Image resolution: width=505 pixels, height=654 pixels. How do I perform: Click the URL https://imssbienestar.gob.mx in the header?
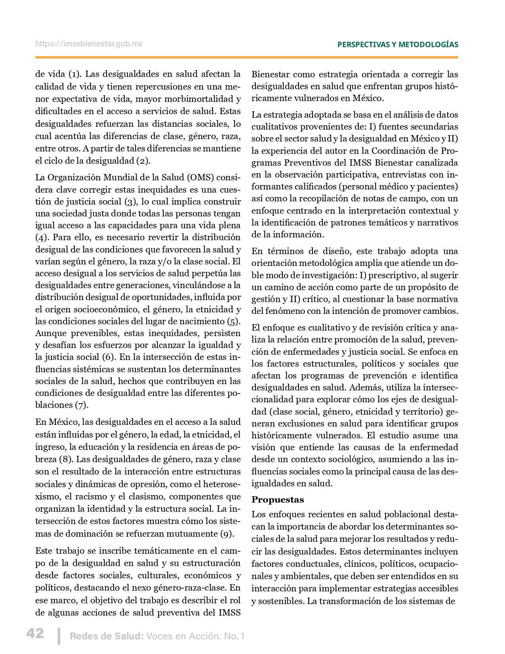89,44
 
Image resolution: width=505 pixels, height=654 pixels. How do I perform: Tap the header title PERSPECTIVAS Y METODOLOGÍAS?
398,44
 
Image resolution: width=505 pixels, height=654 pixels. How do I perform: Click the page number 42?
35,633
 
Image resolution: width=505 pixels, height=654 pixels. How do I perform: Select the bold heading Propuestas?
278,499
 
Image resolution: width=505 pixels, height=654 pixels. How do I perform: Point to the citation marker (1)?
74,74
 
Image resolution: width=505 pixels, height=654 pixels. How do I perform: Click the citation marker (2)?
143,161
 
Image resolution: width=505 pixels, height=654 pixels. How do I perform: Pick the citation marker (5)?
234,321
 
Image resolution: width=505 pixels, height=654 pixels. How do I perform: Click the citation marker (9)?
227,534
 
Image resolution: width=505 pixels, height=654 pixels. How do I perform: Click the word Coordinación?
404,151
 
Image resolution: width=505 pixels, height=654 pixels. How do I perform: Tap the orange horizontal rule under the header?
246,57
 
